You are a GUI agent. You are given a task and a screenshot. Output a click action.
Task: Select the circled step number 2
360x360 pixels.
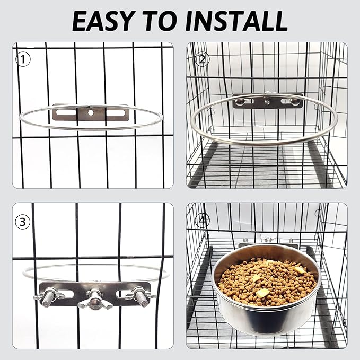tap(200, 59)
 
